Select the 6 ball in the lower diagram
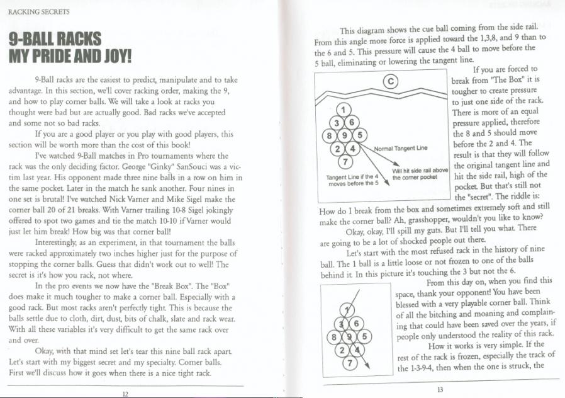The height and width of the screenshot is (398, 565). point(356,324)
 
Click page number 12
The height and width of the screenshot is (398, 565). point(125,394)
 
